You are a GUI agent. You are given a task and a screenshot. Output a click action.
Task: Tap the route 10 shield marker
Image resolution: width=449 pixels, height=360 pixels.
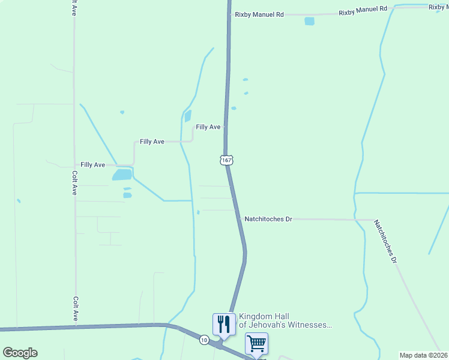click(x=205, y=340)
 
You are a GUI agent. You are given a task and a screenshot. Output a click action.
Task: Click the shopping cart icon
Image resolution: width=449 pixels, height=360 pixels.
click(x=256, y=344)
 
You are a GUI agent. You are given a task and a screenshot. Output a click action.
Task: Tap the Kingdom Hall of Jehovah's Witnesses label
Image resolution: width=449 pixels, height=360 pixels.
click(x=285, y=320)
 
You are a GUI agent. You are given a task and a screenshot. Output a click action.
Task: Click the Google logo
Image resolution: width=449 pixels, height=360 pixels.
click(x=20, y=353)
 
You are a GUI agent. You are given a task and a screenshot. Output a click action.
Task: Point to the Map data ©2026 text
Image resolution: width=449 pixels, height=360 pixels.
click(x=423, y=355)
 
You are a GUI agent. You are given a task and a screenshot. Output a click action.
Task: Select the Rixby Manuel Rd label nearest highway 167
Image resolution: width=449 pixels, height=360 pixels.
click(x=259, y=14)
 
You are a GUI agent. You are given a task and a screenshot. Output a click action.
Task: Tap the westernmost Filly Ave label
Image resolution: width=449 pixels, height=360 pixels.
click(x=93, y=164)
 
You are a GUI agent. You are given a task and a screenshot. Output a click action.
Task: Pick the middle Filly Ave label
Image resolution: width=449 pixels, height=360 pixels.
click(x=152, y=142)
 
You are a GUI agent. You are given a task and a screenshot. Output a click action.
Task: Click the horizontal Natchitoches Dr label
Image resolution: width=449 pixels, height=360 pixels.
click(x=268, y=219)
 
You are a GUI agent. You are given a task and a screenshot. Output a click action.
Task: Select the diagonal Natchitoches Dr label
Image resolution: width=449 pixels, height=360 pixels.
click(x=385, y=241)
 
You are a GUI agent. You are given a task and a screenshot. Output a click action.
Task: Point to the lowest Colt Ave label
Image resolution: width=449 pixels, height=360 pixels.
click(x=75, y=308)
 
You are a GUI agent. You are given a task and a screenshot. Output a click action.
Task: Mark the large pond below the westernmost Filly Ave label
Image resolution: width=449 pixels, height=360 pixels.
click(x=122, y=175)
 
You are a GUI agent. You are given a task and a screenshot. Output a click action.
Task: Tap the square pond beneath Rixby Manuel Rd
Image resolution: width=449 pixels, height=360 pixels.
click(x=309, y=21)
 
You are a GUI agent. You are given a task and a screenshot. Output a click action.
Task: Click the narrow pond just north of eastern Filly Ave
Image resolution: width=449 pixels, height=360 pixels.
click(x=187, y=116)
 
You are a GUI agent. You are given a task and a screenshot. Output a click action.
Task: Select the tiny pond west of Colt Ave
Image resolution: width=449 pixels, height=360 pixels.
click(x=19, y=200)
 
